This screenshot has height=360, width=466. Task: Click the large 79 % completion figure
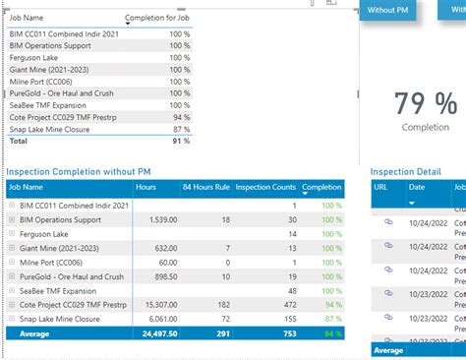(x=426, y=104)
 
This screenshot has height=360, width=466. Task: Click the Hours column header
(x=146, y=186)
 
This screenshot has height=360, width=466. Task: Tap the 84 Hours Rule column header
(x=205, y=186)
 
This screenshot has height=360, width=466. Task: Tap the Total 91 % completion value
(x=180, y=142)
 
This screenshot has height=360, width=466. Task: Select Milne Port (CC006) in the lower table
(x=58, y=263)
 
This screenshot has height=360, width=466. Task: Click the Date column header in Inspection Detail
(x=417, y=186)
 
